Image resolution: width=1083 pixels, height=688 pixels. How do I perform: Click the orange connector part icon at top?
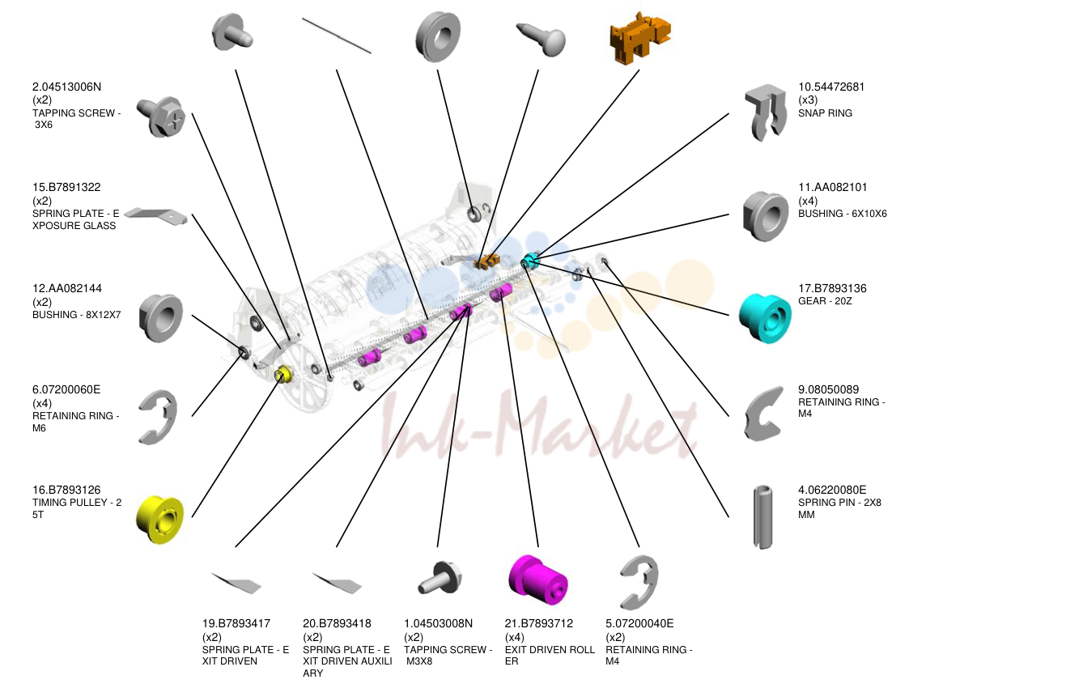[x=640, y=38]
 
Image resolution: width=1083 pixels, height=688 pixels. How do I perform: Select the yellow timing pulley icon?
[x=160, y=520]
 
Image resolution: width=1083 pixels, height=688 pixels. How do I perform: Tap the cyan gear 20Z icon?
[x=766, y=318]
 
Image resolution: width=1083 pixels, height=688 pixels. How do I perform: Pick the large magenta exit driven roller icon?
[x=537, y=580]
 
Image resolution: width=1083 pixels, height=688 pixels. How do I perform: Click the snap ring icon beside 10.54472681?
[x=766, y=113]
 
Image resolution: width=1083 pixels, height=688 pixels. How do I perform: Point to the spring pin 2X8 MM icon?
[x=763, y=517]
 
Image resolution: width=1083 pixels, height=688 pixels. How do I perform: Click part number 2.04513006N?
[x=66, y=87]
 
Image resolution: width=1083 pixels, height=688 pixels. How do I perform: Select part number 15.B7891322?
[x=66, y=187]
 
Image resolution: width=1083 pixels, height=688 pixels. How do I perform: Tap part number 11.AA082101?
[x=833, y=187]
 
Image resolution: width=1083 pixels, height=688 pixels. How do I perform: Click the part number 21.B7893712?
[x=538, y=623]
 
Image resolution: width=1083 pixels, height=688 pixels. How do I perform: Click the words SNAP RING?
[x=825, y=113]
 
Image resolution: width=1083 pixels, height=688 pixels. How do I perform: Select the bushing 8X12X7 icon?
[x=160, y=317]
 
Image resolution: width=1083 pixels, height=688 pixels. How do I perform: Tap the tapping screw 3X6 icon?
[x=161, y=117]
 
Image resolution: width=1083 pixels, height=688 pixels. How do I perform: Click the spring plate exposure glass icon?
[x=155, y=216]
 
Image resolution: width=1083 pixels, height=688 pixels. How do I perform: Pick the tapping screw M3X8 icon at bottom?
[x=440, y=577]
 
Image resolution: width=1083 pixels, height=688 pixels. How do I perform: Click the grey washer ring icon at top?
[x=438, y=36]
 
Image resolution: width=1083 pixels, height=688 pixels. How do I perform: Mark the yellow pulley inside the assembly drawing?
[x=282, y=374]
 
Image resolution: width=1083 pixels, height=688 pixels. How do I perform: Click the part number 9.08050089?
[x=828, y=389]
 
